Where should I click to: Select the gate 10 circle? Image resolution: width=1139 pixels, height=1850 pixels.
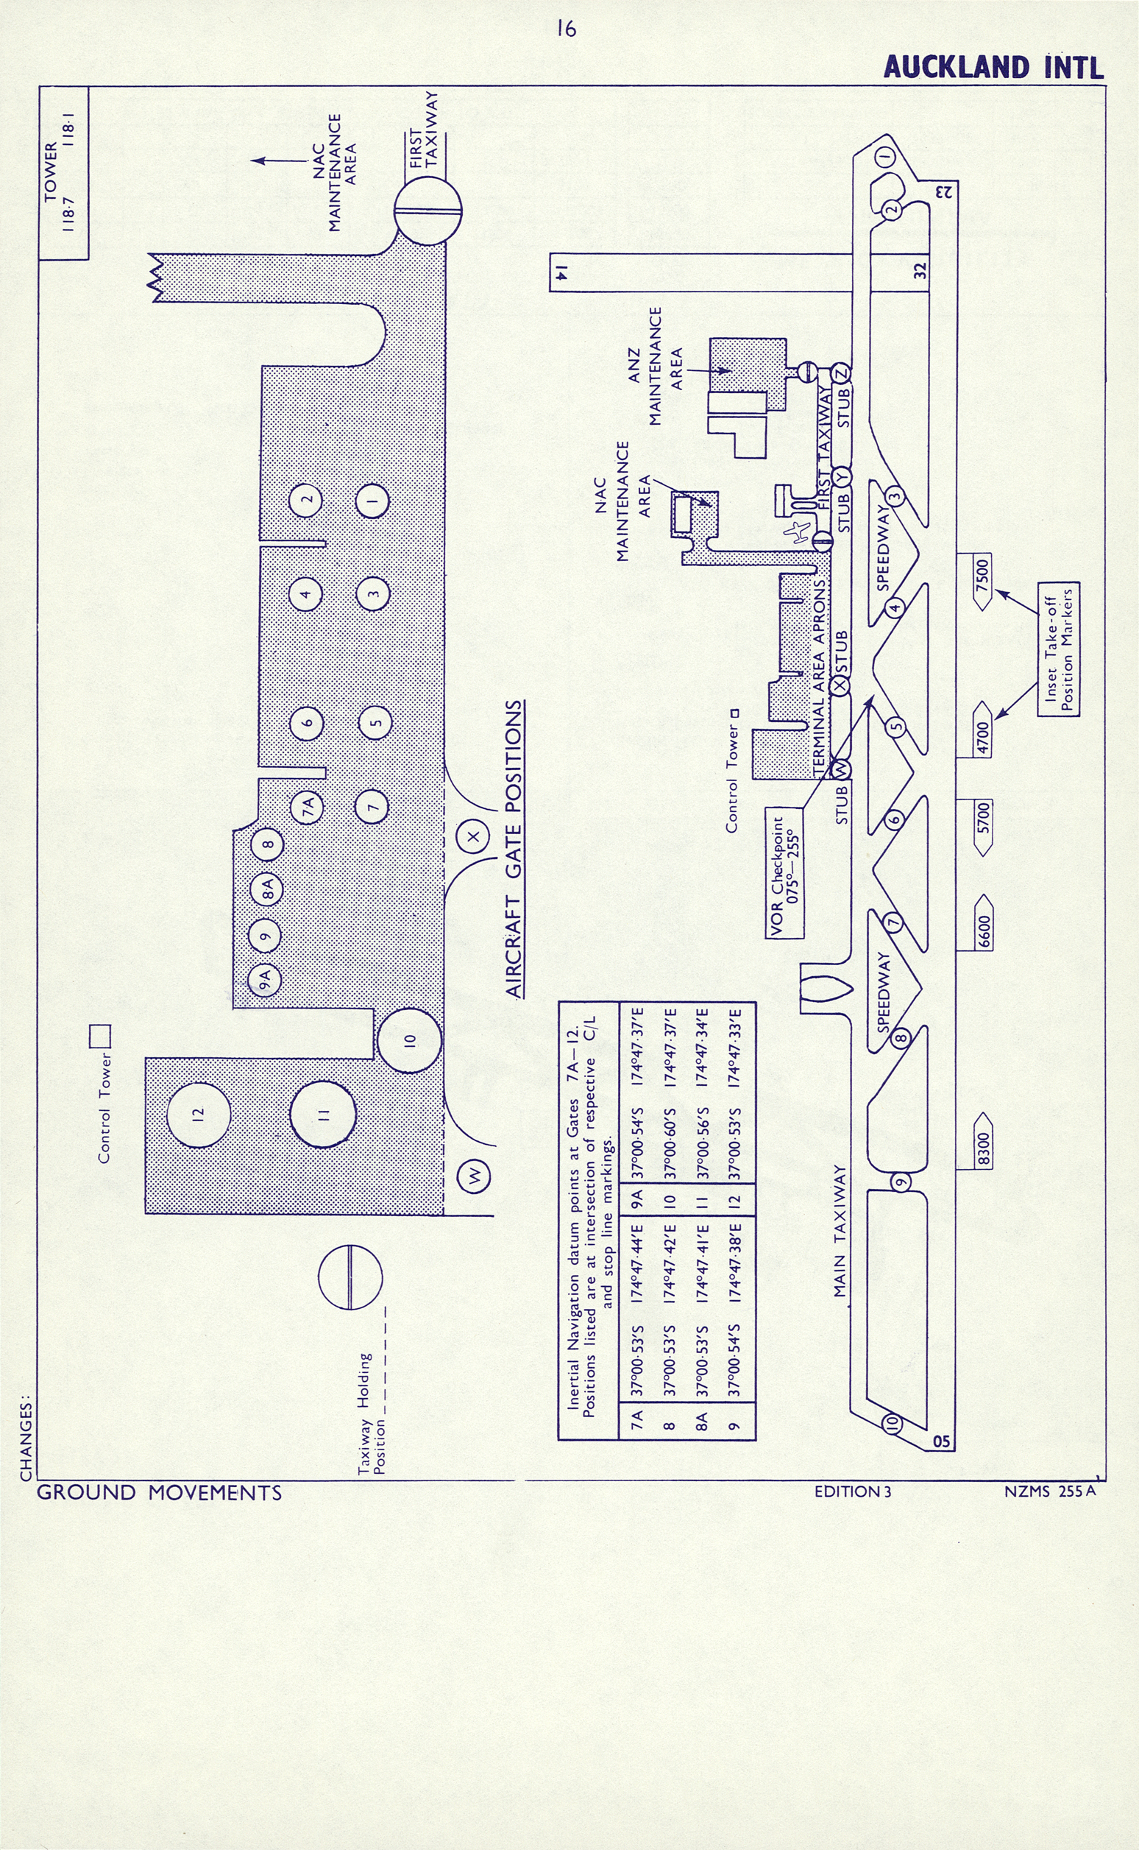point(408,1041)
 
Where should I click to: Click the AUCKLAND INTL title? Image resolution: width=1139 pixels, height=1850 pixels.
point(993,67)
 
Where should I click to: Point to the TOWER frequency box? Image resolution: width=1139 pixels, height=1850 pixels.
point(63,173)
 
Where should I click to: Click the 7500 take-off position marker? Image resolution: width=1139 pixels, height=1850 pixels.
point(982,582)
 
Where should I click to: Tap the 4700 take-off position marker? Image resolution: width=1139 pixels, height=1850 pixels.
point(982,729)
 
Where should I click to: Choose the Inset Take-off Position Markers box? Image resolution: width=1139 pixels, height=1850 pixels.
point(1058,649)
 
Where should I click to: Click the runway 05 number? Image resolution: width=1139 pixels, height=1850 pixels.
point(941,1441)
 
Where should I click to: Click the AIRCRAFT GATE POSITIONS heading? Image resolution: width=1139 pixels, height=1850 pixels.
point(514,850)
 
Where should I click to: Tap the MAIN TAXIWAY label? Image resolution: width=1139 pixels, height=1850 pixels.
point(841,1232)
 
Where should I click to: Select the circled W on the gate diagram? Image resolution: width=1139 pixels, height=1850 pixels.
point(475,1175)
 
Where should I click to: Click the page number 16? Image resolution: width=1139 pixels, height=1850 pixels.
point(567,29)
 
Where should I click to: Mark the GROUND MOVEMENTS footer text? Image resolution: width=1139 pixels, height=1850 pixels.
point(159,1493)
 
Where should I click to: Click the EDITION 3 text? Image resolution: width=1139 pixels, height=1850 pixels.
point(852,1491)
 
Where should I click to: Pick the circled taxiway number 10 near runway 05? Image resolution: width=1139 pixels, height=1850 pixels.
point(892,1422)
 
